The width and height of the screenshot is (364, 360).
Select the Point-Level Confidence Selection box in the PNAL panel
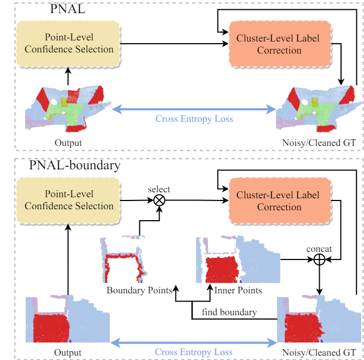[x=69, y=43]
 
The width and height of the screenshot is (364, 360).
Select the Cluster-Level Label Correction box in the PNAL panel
[x=279, y=44]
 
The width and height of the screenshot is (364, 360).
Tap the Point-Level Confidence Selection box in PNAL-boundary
[x=69, y=200]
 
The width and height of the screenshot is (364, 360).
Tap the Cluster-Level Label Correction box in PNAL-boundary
[x=279, y=201]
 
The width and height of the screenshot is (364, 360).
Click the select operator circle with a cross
[x=159, y=200]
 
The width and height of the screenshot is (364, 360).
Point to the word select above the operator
[x=159, y=189]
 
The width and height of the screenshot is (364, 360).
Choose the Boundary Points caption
[x=139, y=290]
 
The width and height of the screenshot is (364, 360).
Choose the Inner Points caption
[x=238, y=290]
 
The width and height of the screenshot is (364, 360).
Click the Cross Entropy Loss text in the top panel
[x=194, y=119]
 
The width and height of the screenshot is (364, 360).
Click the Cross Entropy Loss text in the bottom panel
[x=194, y=352]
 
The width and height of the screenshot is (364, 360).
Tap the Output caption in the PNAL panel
[x=68, y=143]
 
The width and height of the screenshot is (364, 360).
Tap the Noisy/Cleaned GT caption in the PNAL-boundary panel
[x=320, y=353]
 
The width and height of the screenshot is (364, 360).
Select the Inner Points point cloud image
[x=238, y=259]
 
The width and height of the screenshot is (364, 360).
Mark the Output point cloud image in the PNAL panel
[x=68, y=109]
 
